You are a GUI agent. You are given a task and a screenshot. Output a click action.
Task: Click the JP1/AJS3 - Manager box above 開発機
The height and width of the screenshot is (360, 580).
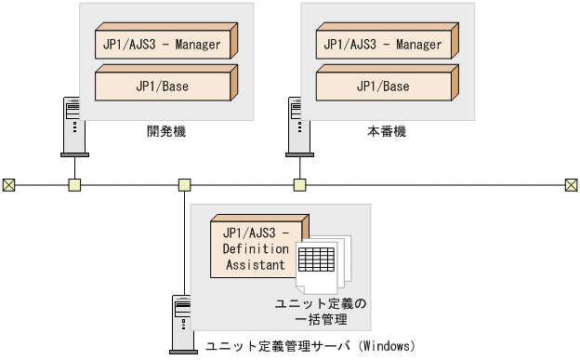click(159, 44)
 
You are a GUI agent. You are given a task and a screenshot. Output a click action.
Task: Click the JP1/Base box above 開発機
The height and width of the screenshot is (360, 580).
click(159, 87)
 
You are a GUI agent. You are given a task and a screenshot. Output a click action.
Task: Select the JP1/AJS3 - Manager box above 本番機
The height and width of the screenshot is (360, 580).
click(382, 44)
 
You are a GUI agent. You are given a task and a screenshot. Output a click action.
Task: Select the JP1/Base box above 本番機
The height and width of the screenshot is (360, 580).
click(382, 87)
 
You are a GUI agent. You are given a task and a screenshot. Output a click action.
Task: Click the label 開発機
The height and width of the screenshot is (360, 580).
click(166, 132)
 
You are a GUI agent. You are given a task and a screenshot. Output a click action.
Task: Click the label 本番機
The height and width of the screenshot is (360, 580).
click(387, 132)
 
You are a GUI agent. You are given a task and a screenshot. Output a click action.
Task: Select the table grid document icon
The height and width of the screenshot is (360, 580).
click(318, 260)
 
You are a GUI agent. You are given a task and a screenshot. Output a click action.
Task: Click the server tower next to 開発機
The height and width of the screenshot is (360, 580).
click(72, 124)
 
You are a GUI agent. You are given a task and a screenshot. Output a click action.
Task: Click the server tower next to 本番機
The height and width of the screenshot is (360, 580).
click(297, 124)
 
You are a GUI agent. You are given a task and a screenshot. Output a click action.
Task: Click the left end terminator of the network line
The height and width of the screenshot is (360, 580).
click(9, 184)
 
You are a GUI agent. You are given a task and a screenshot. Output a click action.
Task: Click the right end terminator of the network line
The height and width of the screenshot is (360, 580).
click(571, 184)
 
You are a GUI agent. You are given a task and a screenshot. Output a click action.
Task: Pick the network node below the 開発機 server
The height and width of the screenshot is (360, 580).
click(74, 184)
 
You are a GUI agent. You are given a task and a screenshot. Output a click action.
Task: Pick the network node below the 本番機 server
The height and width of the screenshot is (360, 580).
click(299, 184)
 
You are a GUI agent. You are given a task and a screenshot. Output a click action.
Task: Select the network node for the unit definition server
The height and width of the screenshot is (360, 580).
click(185, 184)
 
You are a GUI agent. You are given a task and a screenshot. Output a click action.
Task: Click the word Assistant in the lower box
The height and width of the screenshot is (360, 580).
click(255, 265)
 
